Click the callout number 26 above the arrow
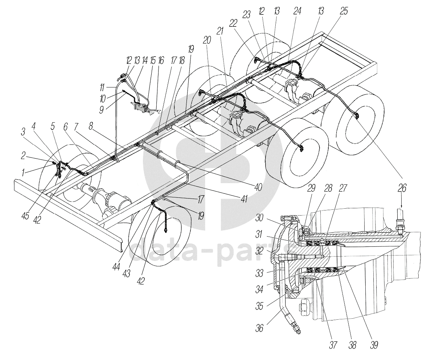click(x=402, y=188)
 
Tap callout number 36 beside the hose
click(x=259, y=328)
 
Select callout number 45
click(x=25, y=209)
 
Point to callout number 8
click(x=91, y=126)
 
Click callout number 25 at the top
click(x=344, y=11)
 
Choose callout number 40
click(x=258, y=187)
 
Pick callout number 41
click(x=244, y=199)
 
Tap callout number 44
click(x=116, y=268)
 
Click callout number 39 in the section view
click(x=374, y=345)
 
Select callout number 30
click(x=260, y=217)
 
